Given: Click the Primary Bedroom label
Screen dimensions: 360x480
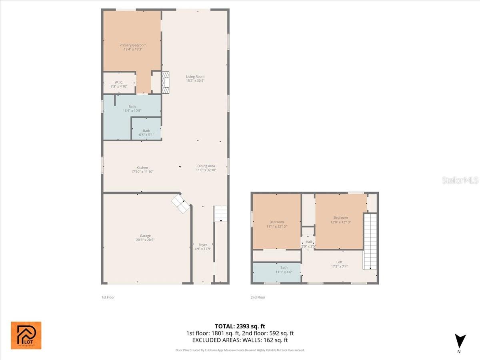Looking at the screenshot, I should click(133, 45).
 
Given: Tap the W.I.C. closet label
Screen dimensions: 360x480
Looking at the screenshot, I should click(118, 82).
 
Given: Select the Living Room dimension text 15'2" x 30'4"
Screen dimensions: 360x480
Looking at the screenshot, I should click(195, 80).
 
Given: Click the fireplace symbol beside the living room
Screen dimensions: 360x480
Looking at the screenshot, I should click(166, 83).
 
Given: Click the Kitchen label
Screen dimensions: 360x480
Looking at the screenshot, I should click(142, 168).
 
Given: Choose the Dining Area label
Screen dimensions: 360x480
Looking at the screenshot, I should click(206, 166).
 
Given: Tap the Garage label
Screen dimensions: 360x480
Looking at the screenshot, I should click(145, 236).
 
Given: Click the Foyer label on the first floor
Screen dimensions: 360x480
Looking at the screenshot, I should click(203, 245).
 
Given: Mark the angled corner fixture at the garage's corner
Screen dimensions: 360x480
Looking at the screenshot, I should click(181, 204).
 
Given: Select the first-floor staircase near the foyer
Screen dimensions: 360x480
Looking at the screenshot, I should click(220, 214).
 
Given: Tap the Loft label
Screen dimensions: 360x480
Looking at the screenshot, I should click(339, 262).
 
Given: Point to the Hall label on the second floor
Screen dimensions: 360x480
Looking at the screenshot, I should click(308, 242).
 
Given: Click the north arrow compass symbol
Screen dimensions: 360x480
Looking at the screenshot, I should click(460, 341).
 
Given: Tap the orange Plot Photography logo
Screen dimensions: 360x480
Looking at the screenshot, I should click(26, 335).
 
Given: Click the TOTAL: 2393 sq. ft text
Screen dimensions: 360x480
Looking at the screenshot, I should click(240, 326).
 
